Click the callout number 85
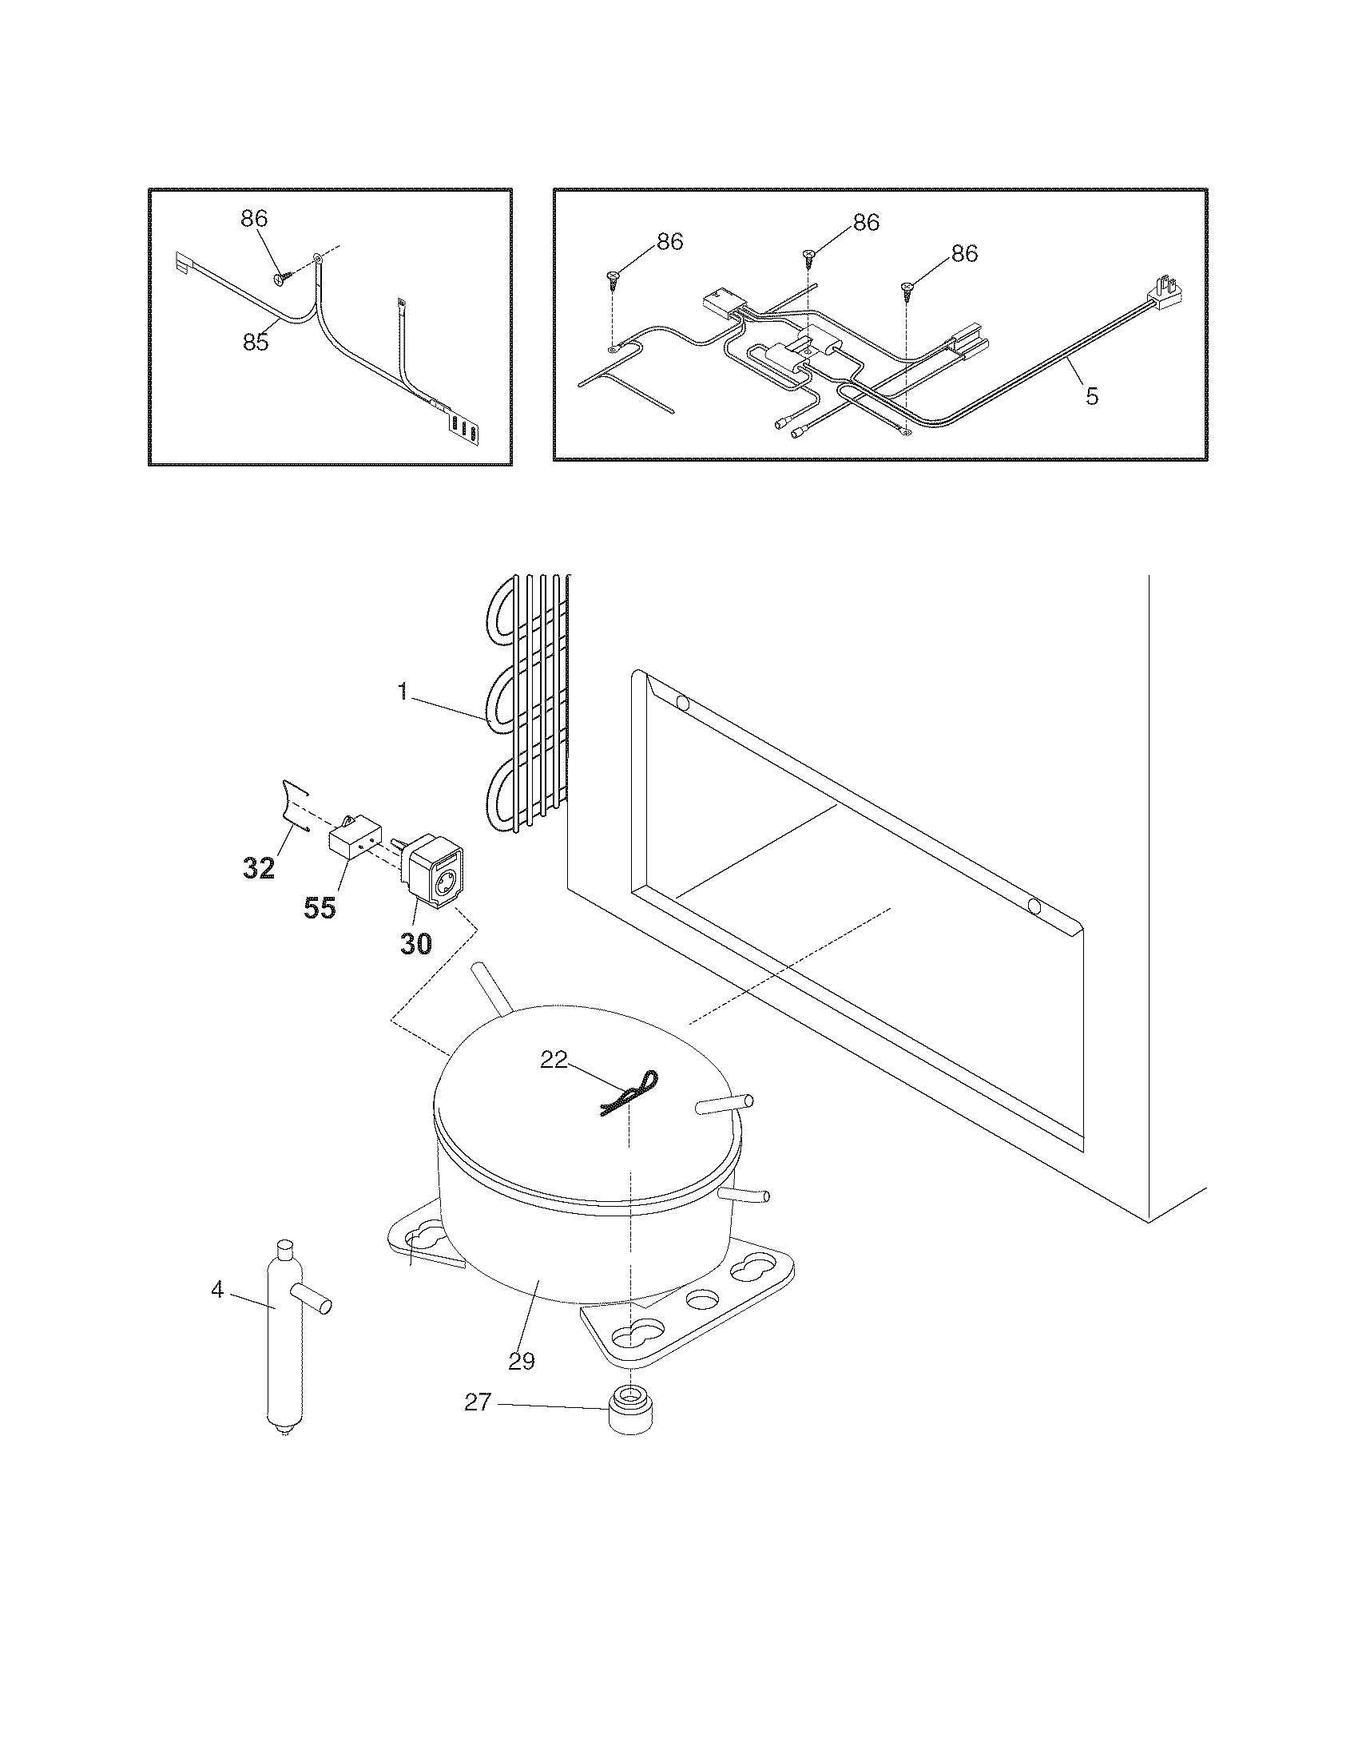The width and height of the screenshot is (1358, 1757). [x=256, y=342]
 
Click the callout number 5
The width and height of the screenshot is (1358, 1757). [x=1092, y=397]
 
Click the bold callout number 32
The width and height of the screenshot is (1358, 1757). [x=259, y=868]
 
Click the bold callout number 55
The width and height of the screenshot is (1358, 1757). [x=320, y=908]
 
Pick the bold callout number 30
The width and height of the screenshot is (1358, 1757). [x=416, y=943]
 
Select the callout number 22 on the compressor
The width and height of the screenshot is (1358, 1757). [x=554, y=1061]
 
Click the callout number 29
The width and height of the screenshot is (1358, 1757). [x=522, y=1361]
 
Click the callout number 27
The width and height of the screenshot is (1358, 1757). [x=478, y=1402]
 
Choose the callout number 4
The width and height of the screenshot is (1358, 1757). [x=217, y=1290]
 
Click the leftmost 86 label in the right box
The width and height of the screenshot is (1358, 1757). [x=670, y=241]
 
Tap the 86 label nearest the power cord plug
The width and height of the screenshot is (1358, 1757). [x=965, y=253]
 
